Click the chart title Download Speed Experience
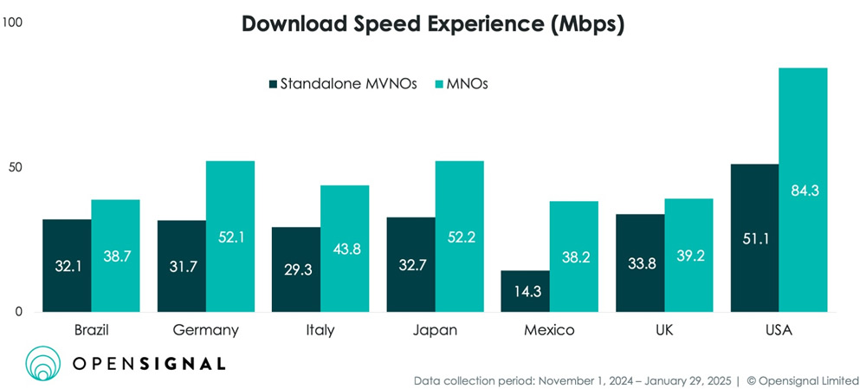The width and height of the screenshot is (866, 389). (x=433, y=23)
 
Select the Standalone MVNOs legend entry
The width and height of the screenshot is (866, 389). (x=342, y=84)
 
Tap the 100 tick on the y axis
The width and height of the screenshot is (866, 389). (x=13, y=23)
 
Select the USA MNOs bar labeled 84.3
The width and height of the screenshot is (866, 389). (x=804, y=190)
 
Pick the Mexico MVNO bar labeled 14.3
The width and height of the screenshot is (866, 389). (x=525, y=291)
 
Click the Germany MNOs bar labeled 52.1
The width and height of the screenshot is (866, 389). (x=230, y=236)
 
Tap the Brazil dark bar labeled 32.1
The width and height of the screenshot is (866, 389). (x=68, y=265)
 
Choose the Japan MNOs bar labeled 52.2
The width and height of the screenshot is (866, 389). (x=460, y=236)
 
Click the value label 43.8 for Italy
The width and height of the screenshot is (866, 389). (x=345, y=248)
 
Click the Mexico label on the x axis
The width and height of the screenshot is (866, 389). (x=549, y=331)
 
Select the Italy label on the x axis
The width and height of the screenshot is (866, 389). (x=320, y=331)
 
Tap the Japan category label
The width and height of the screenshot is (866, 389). (x=436, y=331)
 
